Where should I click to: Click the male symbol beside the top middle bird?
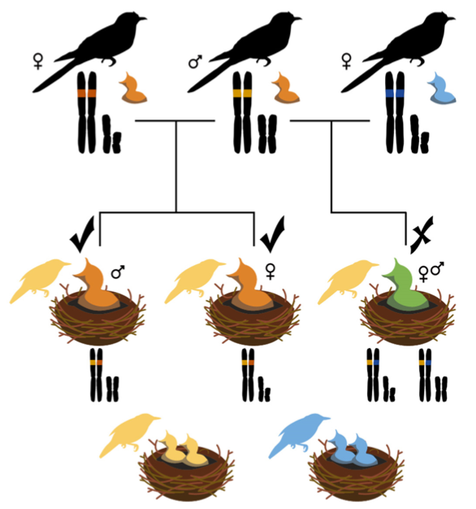[x=195, y=62]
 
